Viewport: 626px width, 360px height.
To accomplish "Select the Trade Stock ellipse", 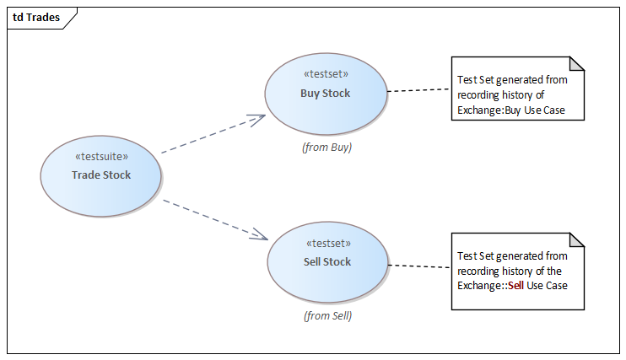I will pyautogui.click(x=101, y=190).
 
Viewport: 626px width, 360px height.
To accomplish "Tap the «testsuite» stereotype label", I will pyautogui.click(x=101, y=157).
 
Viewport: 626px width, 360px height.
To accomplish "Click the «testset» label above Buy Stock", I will pyautogui.click(x=326, y=73).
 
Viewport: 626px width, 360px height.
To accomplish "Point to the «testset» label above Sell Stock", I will pyautogui.click(x=327, y=244).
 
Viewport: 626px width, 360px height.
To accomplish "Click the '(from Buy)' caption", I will pyautogui.click(x=326, y=147).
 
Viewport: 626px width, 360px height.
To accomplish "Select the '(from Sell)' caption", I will pyautogui.click(x=327, y=316).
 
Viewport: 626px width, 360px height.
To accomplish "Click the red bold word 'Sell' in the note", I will pyautogui.click(x=515, y=286).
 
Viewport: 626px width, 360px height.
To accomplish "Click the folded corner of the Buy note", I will pyautogui.click(x=577, y=63).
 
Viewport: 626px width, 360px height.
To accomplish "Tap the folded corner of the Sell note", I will pyautogui.click(x=577, y=239).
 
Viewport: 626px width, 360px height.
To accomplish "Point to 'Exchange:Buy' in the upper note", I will pyautogui.click(x=489, y=110).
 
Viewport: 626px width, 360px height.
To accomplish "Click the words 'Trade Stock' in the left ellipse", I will pyautogui.click(x=101, y=175).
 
